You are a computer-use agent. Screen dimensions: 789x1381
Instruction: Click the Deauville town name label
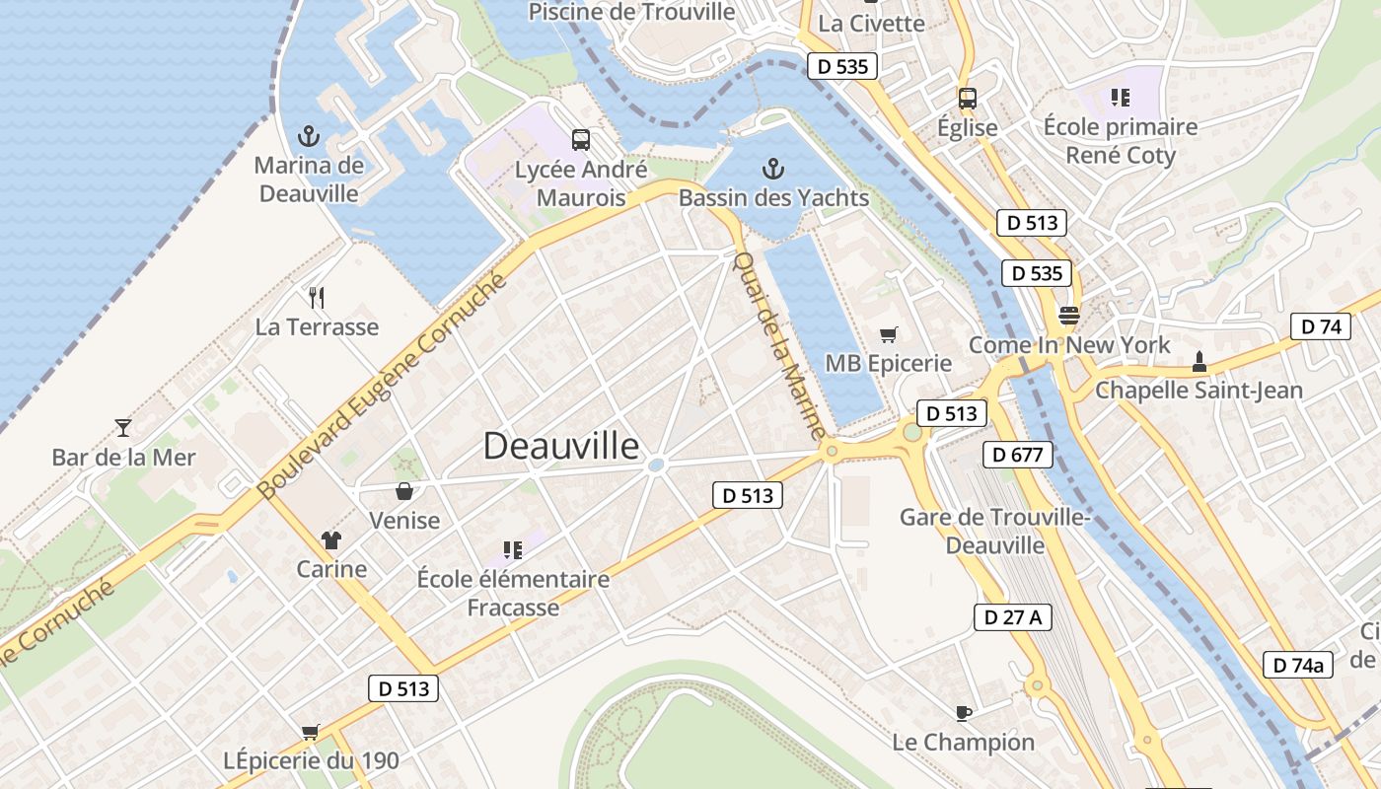click(561, 446)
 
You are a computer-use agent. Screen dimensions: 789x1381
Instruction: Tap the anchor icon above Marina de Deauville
click(309, 136)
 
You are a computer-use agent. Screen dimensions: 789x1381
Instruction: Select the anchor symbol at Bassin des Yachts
click(773, 169)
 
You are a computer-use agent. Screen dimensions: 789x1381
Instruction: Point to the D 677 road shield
click(1018, 455)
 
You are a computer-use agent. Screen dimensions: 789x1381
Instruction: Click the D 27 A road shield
click(1012, 617)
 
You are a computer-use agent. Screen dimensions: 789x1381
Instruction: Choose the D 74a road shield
click(1298, 665)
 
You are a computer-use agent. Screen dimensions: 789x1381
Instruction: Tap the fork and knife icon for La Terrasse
click(317, 297)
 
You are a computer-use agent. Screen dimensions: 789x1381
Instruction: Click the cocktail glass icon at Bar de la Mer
click(123, 427)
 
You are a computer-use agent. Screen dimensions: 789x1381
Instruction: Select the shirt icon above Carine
click(330, 539)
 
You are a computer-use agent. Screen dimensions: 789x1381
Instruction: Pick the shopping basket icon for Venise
click(404, 490)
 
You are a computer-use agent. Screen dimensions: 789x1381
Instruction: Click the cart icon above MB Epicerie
click(889, 334)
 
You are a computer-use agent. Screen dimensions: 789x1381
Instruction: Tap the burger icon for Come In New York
click(1069, 316)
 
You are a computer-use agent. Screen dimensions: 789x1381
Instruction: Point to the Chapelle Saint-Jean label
click(1199, 391)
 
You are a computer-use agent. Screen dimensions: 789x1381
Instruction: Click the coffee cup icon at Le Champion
click(964, 712)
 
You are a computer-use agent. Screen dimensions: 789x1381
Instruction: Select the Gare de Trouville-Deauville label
click(994, 531)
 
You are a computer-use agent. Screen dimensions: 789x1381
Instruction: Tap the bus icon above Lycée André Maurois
click(580, 140)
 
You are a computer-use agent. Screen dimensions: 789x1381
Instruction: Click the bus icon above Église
click(968, 98)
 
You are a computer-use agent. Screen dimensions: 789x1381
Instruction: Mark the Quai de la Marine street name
click(779, 344)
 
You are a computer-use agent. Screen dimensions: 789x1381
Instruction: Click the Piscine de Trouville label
click(632, 12)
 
